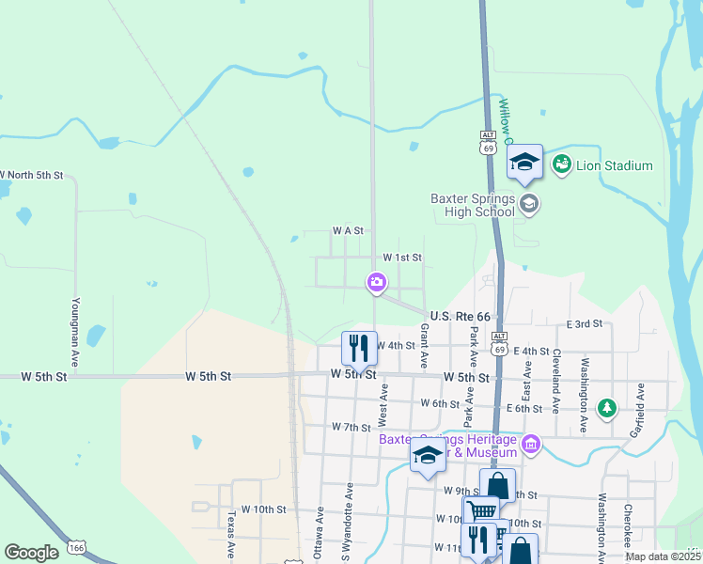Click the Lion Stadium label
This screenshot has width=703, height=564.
pos(614,165)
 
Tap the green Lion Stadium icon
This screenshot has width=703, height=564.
pos(562,164)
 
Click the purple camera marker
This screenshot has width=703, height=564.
pos(376,281)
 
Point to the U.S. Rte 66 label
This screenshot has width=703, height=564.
pos(461,317)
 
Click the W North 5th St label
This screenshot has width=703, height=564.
pos(31,175)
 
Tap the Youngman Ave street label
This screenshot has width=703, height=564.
pos(74,333)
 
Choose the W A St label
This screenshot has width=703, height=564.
pos(347,230)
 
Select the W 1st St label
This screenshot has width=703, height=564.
pos(402,258)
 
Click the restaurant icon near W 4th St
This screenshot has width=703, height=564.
pos(358,348)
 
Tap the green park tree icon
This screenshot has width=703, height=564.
pos(607,407)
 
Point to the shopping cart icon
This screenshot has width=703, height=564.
pos(481,510)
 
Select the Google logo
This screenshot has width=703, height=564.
pos(31,553)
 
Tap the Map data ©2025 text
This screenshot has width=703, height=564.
pos(662,556)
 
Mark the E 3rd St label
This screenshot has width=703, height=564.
pos(584,324)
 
